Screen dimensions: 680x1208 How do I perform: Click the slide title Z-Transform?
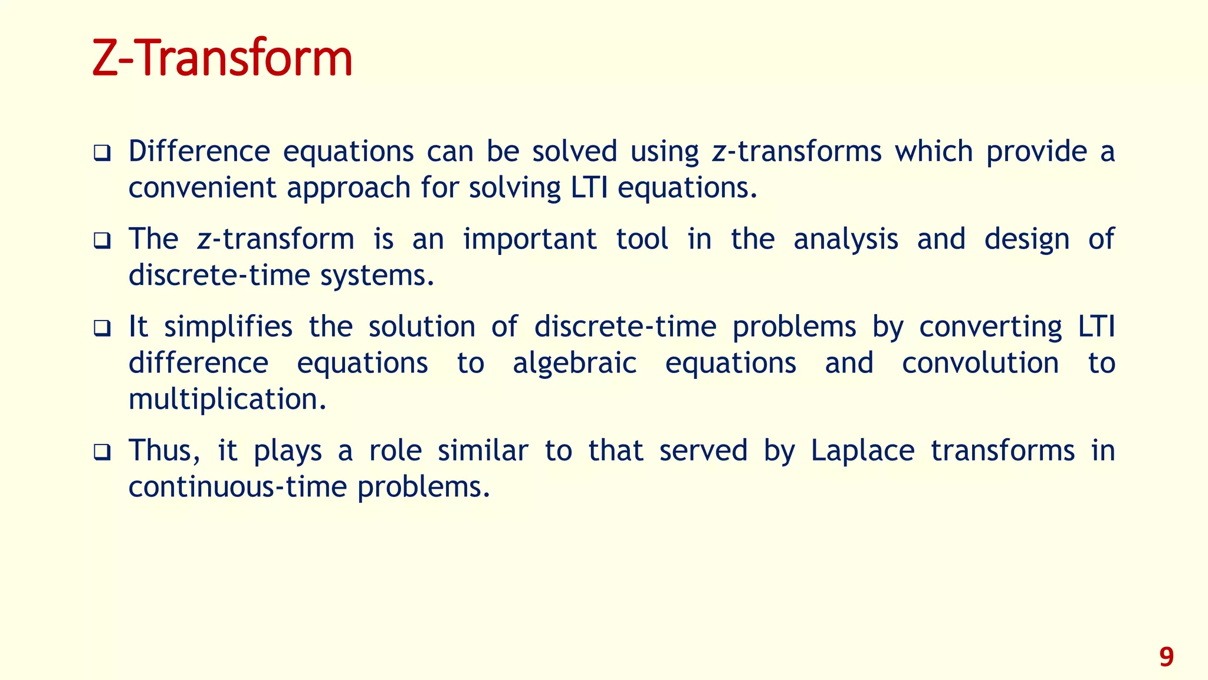(222, 58)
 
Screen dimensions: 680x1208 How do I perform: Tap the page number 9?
(1166, 657)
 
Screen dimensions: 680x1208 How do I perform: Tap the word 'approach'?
(349, 189)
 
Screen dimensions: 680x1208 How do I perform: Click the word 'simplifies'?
(228, 327)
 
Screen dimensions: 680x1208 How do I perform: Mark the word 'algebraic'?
(575, 364)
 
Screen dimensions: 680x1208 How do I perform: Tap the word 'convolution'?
(980, 364)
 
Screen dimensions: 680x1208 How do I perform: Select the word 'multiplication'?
(227, 400)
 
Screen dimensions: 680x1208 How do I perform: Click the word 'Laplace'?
(862, 452)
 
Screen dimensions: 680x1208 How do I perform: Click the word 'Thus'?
(160, 451)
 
